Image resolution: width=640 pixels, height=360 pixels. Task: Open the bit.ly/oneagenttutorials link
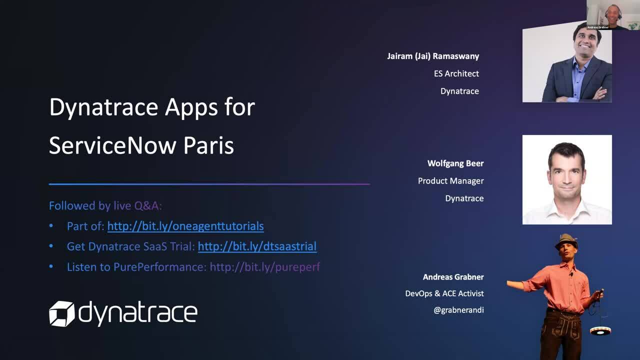coord(185,226)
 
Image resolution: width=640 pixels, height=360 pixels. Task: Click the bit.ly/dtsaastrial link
coord(257,246)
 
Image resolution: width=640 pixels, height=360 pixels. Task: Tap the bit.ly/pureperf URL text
coord(264,267)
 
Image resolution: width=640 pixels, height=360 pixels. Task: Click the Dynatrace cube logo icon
coord(61,313)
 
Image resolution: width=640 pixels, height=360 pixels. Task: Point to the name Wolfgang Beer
coord(455,163)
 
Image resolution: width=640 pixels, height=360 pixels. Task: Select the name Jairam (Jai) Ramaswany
coord(432,56)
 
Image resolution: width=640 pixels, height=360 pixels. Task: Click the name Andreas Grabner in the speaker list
coord(453,277)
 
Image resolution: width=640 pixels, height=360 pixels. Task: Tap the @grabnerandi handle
coord(458,310)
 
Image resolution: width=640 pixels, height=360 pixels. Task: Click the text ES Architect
coord(456,73)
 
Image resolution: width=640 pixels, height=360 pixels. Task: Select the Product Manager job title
coord(450,181)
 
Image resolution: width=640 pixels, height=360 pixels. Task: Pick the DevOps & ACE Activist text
coord(444,293)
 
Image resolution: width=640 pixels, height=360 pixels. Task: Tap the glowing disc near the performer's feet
coord(600,330)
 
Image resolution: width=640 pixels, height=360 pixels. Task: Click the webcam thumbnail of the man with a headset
coord(613,14)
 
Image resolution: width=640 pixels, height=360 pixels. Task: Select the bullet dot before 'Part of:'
coord(51,226)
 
